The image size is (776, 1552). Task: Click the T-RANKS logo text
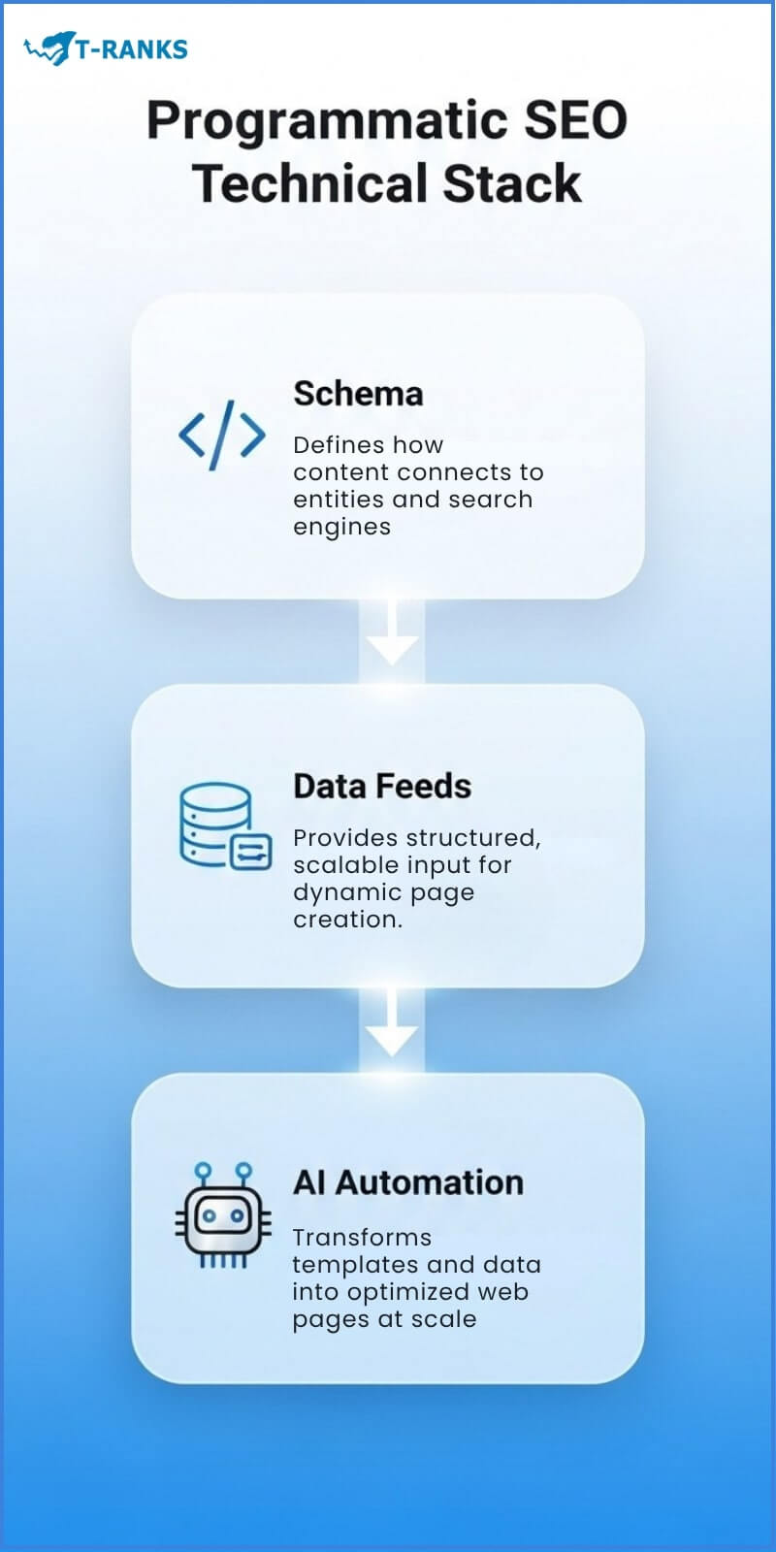(131, 48)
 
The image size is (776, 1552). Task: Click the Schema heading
(358, 394)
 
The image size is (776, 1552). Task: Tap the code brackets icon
(221, 435)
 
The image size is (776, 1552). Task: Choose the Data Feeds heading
(382, 786)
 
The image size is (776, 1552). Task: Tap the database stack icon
(224, 826)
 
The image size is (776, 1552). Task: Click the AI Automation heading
(407, 1182)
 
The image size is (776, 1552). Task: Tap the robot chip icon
(223, 1216)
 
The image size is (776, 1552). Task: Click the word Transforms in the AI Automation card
(362, 1238)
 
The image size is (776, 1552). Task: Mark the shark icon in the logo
(50, 48)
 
